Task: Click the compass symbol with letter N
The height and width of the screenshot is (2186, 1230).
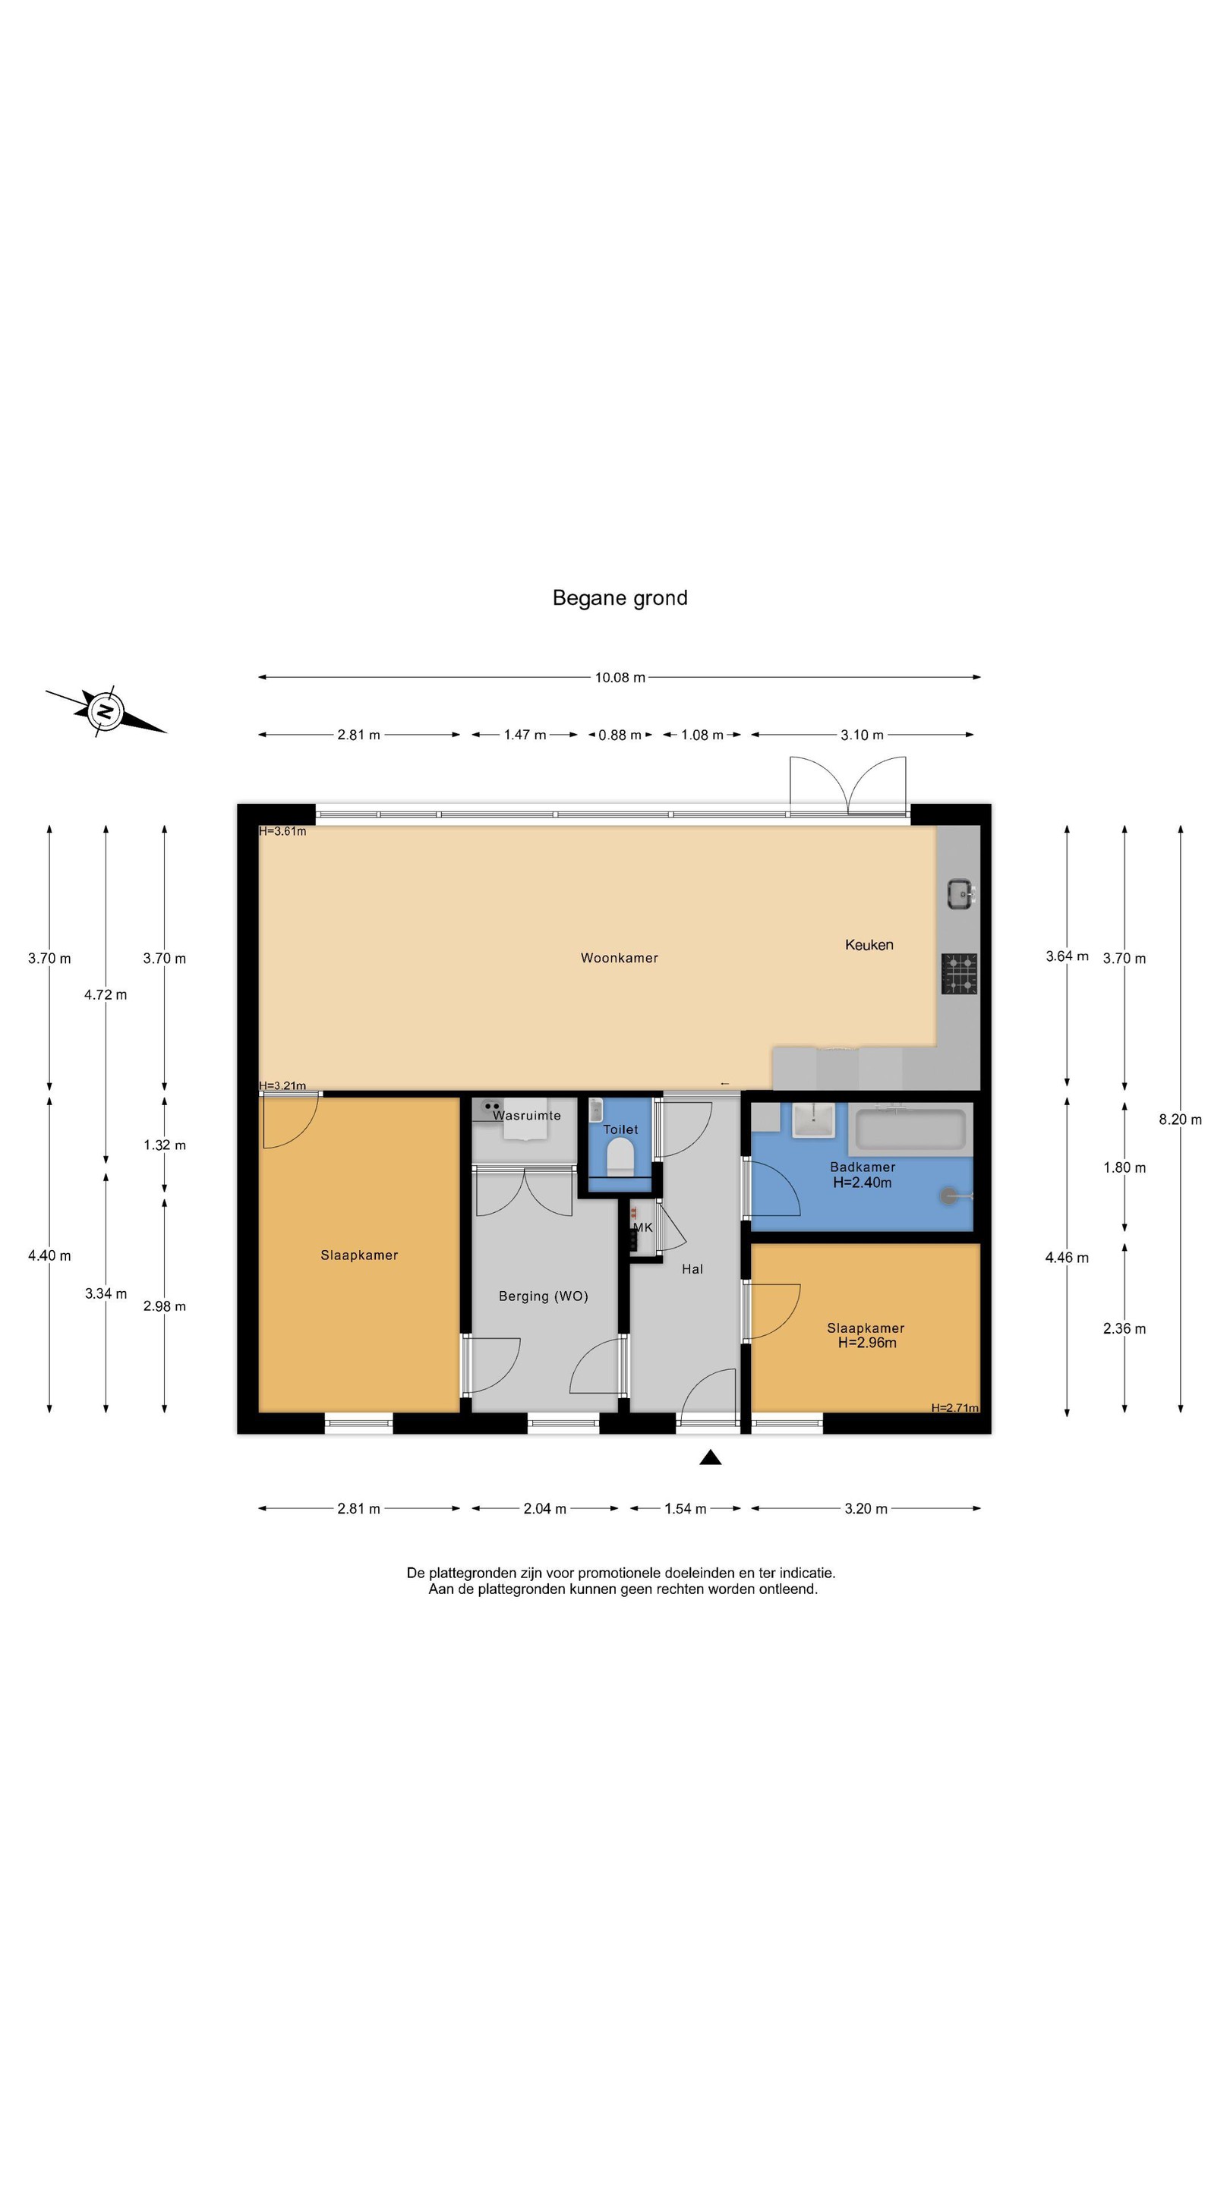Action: point(106,710)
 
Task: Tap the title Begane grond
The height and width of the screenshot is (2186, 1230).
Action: point(620,598)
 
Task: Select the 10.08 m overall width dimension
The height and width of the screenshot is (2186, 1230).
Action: point(620,677)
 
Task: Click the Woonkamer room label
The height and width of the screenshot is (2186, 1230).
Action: point(620,958)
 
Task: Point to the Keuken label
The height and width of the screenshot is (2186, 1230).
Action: point(869,944)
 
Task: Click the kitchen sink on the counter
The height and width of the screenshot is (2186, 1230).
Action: point(960,893)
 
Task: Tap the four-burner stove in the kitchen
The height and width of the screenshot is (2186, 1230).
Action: point(959,973)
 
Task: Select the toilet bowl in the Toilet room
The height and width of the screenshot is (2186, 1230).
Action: point(620,1158)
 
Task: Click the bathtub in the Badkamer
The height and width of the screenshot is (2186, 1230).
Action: point(910,1129)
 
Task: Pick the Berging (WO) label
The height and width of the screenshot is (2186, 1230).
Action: point(544,1296)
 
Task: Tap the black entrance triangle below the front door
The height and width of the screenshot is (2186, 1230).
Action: point(711,1457)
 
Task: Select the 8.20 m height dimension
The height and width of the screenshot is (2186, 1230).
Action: point(1181,1120)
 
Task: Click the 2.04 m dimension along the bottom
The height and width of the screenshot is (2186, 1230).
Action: point(545,1508)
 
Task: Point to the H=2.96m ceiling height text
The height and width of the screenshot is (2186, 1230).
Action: point(866,1343)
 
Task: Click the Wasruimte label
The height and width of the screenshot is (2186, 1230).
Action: point(527,1115)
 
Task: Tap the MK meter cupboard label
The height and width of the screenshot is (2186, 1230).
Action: point(642,1227)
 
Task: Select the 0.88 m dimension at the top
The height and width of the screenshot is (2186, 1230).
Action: point(620,735)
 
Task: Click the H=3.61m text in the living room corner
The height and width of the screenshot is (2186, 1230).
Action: point(282,831)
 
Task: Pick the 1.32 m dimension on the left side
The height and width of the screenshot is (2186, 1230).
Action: point(165,1145)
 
